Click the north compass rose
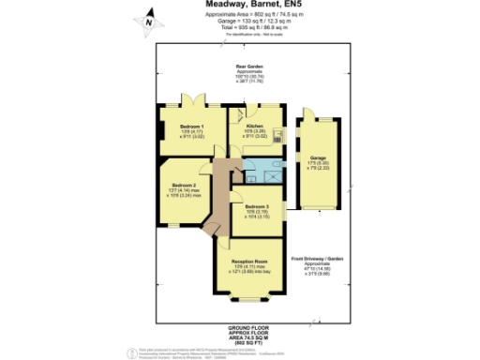pos(146,19)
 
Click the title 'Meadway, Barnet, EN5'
pos(247,5)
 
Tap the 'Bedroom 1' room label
pos(191,125)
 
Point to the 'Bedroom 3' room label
pos(257,205)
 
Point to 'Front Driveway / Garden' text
pos(317,257)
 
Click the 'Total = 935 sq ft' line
pos(247,28)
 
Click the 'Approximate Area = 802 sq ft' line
pos(247,15)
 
